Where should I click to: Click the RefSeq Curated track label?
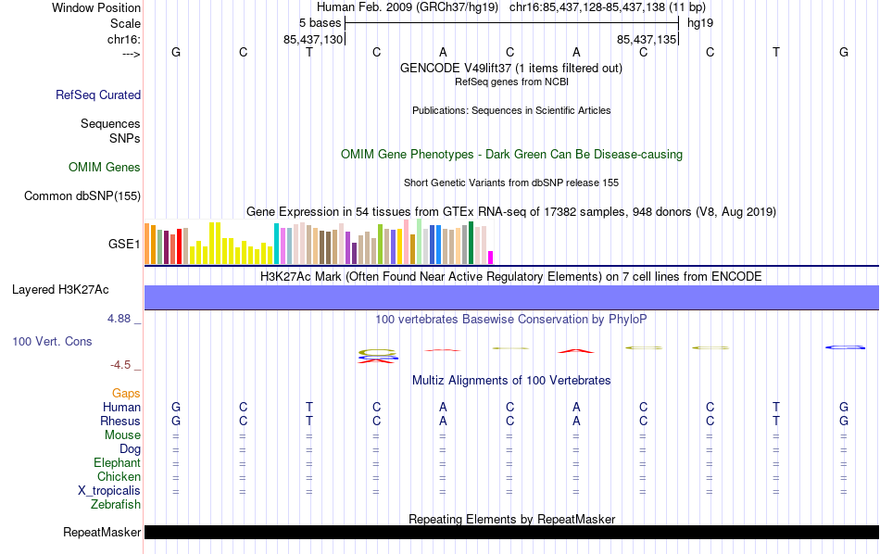click(x=98, y=94)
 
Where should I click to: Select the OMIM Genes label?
click(x=105, y=168)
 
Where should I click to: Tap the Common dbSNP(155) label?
click(x=82, y=195)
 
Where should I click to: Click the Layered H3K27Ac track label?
click(x=60, y=290)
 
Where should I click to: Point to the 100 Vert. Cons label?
click(x=52, y=342)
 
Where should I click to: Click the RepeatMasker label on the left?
click(x=102, y=533)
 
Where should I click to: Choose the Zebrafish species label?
click(x=116, y=505)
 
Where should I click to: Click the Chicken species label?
click(x=119, y=477)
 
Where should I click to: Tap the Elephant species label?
click(x=117, y=463)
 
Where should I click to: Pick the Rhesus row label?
click(x=120, y=422)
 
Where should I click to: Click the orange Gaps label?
click(x=126, y=394)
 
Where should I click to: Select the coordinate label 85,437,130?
click(x=313, y=40)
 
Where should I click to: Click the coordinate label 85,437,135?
click(x=647, y=40)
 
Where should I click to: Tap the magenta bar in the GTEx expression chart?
click(x=491, y=258)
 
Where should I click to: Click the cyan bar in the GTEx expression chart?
click(x=276, y=244)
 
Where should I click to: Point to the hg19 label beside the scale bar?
click(x=699, y=22)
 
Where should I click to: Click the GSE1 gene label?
click(x=124, y=245)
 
